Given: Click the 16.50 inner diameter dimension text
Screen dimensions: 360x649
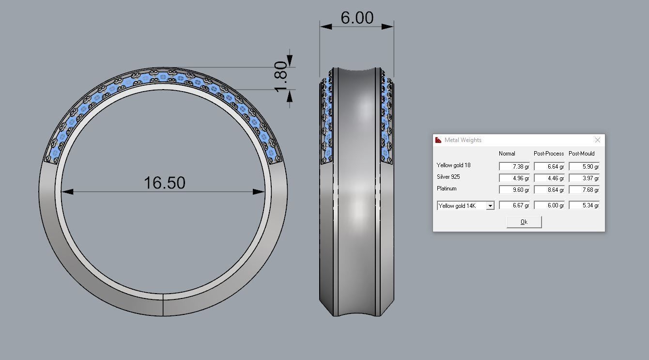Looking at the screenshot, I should pyautogui.click(x=164, y=183).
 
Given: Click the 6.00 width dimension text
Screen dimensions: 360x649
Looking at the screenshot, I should pyautogui.click(x=357, y=18).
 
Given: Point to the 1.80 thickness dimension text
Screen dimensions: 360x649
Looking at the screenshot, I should pyautogui.click(x=281, y=76).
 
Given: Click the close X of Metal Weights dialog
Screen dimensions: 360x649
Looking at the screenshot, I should pyautogui.click(x=597, y=140).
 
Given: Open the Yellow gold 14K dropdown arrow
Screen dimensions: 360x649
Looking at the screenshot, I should pyautogui.click(x=490, y=206).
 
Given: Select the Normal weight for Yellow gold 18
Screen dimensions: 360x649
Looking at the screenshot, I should pyautogui.click(x=514, y=166).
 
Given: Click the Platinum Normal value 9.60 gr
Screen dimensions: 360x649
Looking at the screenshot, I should pyautogui.click(x=514, y=190).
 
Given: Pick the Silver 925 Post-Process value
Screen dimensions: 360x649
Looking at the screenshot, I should pyautogui.click(x=549, y=178).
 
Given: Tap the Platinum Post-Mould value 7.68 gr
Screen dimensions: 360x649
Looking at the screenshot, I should pyautogui.click(x=584, y=190).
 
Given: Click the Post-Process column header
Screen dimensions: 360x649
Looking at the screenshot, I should pyautogui.click(x=549, y=154).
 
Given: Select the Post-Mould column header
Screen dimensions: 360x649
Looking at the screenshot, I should pyautogui.click(x=581, y=154).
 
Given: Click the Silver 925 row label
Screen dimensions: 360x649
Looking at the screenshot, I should pyautogui.click(x=448, y=177).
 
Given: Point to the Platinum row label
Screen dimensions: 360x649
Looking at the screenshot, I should pyautogui.click(x=446, y=188).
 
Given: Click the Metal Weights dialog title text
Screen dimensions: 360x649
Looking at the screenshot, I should pyautogui.click(x=464, y=140).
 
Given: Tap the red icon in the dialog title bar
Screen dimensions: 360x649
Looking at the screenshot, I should pyautogui.click(x=438, y=140).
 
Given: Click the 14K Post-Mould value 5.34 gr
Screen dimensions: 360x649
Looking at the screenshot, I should pyautogui.click(x=584, y=205).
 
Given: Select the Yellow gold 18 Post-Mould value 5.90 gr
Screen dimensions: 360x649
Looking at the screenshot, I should pyautogui.click(x=584, y=166).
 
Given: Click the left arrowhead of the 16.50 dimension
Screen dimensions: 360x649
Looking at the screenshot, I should pyautogui.click(x=67, y=192).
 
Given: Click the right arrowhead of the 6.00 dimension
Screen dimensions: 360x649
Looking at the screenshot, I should pyautogui.click(x=388, y=26).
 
